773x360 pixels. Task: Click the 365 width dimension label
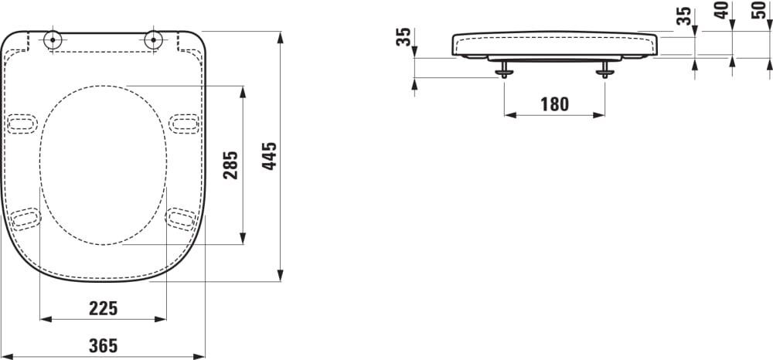pos(103,345)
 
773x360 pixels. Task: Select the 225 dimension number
pos(103,308)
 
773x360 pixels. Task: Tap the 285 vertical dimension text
pos(230,165)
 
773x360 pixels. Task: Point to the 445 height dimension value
pos(268,157)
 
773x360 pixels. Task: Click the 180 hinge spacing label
pos(553,104)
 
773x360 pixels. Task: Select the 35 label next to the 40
pos(684,15)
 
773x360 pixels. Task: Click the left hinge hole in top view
pos(53,40)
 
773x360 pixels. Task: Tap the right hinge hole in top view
pos(154,40)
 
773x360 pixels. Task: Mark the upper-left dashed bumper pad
pos(22,123)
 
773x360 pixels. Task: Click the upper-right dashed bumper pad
pos(185,123)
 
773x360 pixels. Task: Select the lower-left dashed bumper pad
pos(26,219)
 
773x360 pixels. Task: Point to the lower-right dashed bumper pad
pos(182,219)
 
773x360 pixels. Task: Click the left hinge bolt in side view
pos(505,70)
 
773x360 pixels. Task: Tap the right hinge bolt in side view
pos(604,70)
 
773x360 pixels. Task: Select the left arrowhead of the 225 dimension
pos(44,318)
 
